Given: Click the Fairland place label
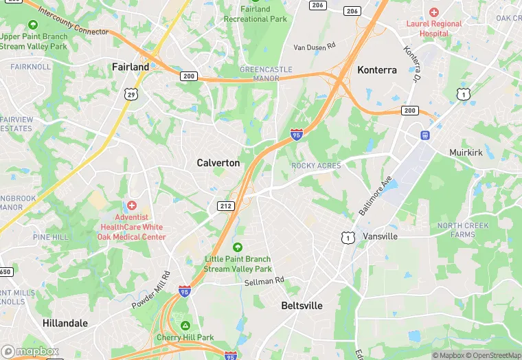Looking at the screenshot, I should (x=130, y=67).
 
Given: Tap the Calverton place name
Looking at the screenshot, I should (x=218, y=163).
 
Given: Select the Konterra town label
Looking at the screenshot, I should (x=378, y=70).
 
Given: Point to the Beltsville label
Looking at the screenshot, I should (x=302, y=305).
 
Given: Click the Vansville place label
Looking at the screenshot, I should (x=380, y=236).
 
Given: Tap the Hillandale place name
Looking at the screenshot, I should (x=65, y=323).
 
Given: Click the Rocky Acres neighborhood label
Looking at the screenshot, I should (x=316, y=166).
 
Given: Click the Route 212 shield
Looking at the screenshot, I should (x=225, y=206).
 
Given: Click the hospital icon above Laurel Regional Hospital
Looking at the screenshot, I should (x=433, y=12).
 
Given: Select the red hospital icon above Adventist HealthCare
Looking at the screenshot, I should (x=132, y=205).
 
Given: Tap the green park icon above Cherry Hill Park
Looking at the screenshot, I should (x=185, y=326).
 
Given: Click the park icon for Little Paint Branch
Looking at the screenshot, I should (x=238, y=247).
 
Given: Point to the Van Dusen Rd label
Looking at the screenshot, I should (x=315, y=47).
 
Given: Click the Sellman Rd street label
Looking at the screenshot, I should (x=264, y=280).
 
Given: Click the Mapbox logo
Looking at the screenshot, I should (x=31, y=351).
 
